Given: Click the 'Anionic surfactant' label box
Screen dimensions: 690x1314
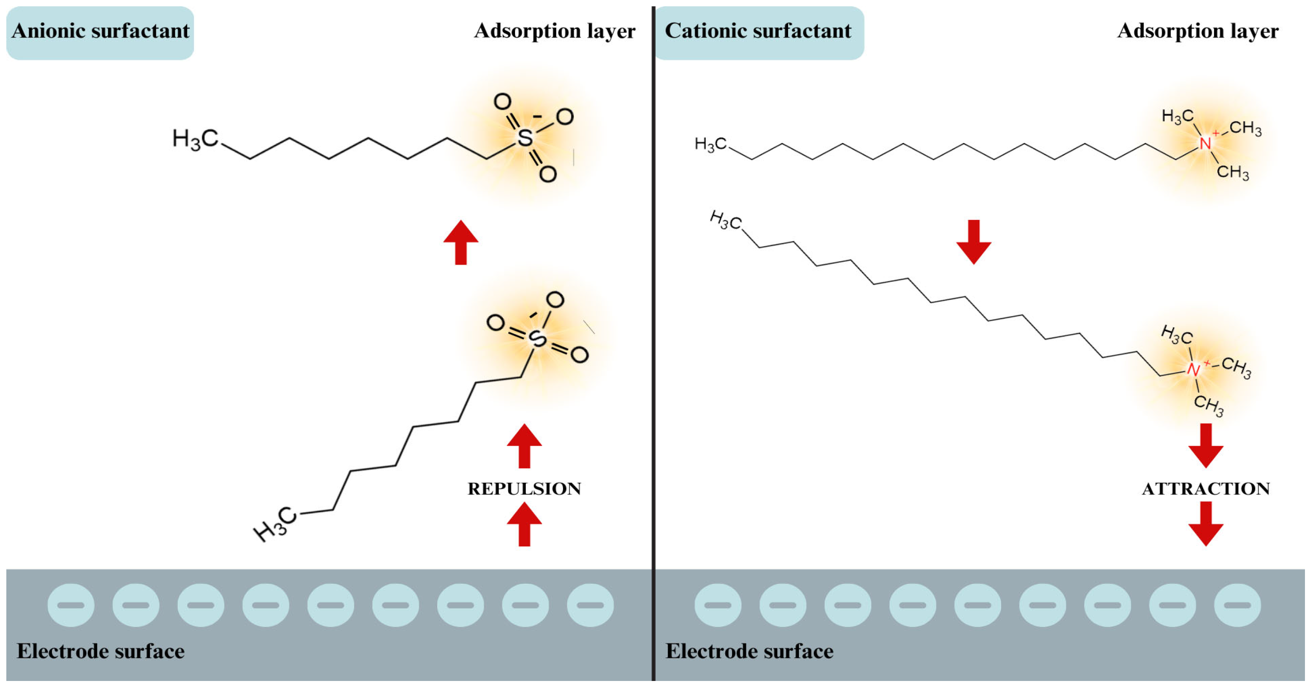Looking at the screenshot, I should (100, 32).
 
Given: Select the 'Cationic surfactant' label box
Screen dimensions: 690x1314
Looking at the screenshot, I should (758, 32).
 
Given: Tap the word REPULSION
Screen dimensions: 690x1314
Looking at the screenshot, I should (525, 489).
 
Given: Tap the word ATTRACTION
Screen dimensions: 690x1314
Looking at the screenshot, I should (1206, 489).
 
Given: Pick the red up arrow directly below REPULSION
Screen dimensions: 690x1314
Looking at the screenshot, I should (525, 524).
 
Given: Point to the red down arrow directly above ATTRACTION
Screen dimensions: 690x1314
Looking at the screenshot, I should (1206, 446).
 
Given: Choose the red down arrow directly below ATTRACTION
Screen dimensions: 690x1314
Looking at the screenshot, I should (1206, 524).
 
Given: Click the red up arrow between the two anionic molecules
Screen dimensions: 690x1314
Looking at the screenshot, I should (461, 242).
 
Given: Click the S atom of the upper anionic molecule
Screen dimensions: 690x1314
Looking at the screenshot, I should (525, 138).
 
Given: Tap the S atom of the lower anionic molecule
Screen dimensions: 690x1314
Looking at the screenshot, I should (537, 339).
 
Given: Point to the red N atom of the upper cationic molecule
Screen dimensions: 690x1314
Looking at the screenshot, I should (1205, 144).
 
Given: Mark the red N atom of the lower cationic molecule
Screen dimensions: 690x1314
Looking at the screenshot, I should (1193, 369).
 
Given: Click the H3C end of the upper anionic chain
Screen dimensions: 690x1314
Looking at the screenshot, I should (195, 139).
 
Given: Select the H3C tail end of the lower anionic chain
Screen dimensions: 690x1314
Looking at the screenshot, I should (275, 524).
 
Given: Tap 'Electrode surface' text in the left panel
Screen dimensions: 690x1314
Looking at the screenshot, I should (100, 651).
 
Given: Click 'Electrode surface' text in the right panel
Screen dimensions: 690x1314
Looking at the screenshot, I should (749, 651).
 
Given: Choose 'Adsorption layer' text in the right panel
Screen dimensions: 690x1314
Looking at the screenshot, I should (1198, 32).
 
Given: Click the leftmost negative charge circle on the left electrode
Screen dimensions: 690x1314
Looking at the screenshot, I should (71, 605).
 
